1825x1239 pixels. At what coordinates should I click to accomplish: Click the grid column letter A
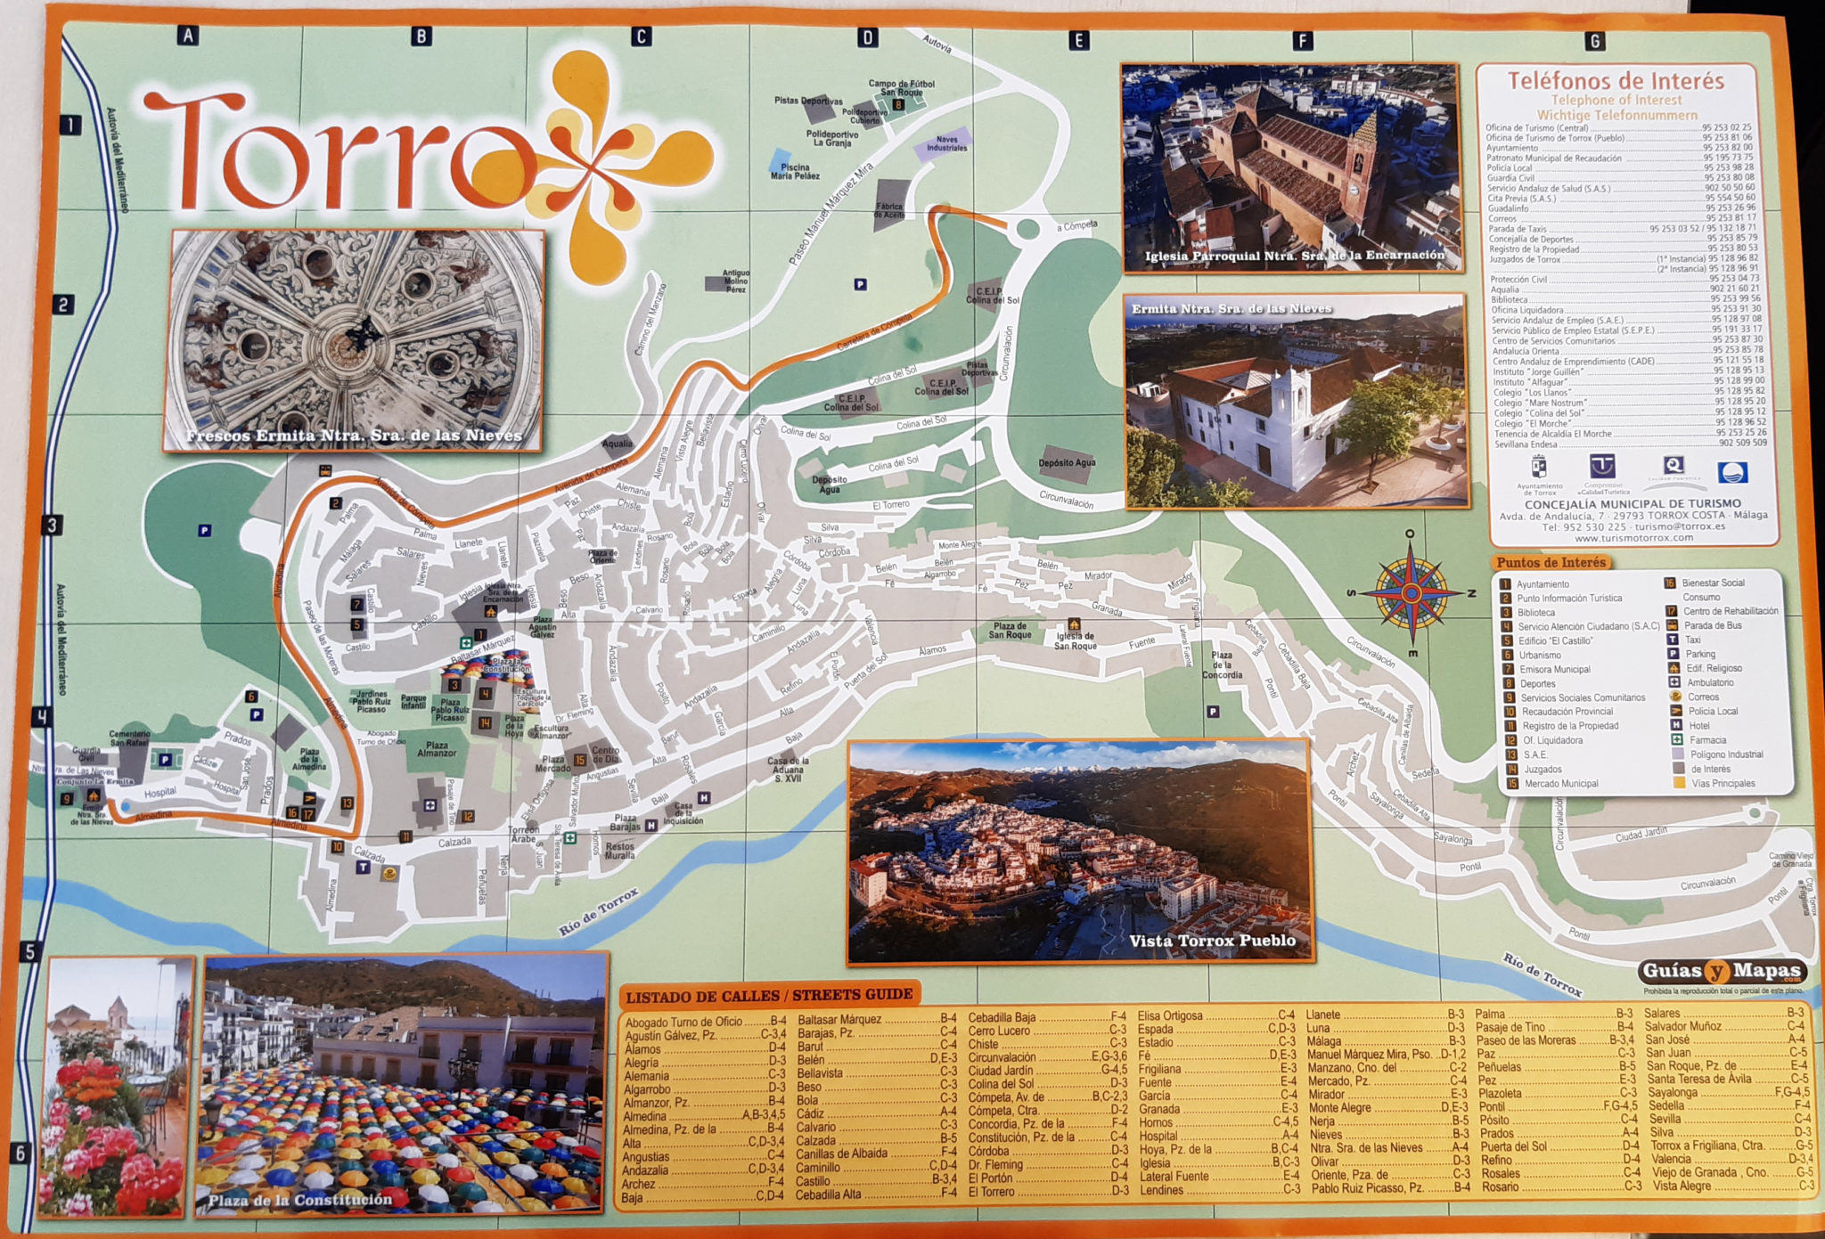coord(187,36)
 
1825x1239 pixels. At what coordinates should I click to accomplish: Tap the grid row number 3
coord(52,526)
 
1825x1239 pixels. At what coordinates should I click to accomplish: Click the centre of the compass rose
coord(1411,591)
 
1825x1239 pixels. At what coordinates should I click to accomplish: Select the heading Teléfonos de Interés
coord(1616,81)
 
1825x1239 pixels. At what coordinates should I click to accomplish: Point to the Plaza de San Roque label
coord(1010,631)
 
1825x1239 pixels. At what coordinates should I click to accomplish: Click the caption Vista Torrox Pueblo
coord(1212,941)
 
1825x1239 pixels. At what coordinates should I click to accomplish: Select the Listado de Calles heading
coord(768,995)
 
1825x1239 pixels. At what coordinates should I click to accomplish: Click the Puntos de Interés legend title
coord(1551,563)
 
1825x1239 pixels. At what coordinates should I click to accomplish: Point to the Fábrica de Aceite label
coord(888,210)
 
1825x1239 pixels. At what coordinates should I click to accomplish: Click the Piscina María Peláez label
coord(795,171)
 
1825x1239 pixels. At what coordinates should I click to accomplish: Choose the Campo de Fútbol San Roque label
coord(901,88)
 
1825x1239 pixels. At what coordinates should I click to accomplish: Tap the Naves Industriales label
coord(946,143)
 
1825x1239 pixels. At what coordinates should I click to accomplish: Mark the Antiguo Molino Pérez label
coord(735,281)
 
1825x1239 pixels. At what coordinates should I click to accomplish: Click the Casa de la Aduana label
coord(788,770)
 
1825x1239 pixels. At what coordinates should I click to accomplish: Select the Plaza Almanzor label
coord(437,749)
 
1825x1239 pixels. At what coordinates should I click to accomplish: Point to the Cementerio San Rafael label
coord(129,738)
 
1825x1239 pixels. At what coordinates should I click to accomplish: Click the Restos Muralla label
coord(620,851)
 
